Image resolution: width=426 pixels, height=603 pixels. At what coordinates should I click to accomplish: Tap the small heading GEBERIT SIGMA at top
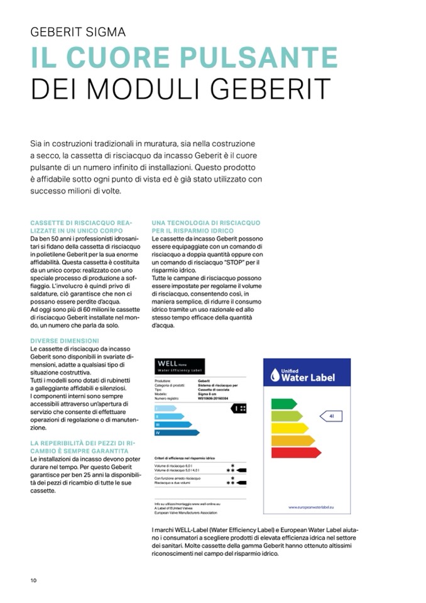point(78,32)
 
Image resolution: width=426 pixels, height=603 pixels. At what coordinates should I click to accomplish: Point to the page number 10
point(33,579)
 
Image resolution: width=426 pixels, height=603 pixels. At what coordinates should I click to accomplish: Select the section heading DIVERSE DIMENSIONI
point(64,341)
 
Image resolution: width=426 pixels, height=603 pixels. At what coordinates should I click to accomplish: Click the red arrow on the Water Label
point(296,452)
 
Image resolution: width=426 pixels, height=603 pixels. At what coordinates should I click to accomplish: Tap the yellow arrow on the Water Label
point(290,428)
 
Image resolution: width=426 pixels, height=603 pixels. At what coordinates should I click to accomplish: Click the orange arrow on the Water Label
point(293,440)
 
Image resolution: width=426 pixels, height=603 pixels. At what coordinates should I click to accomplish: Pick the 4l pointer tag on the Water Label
point(331,416)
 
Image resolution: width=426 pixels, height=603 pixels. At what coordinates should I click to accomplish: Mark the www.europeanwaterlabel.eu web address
point(310,506)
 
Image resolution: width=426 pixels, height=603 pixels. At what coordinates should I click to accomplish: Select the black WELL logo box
point(179,367)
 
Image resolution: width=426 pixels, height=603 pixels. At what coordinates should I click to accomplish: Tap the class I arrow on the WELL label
point(165,408)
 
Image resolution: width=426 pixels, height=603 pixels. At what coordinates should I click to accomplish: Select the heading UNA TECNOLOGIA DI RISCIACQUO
point(205,223)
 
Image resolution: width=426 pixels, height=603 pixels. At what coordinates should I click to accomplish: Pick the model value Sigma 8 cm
point(208,394)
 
